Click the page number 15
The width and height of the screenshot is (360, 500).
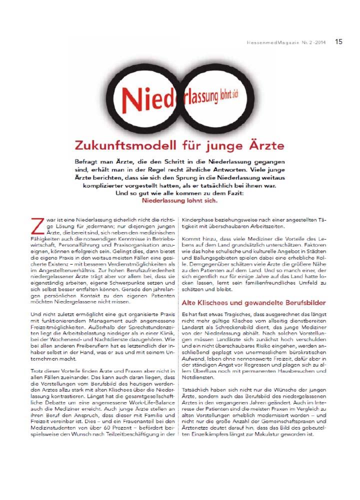pos(338,41)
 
